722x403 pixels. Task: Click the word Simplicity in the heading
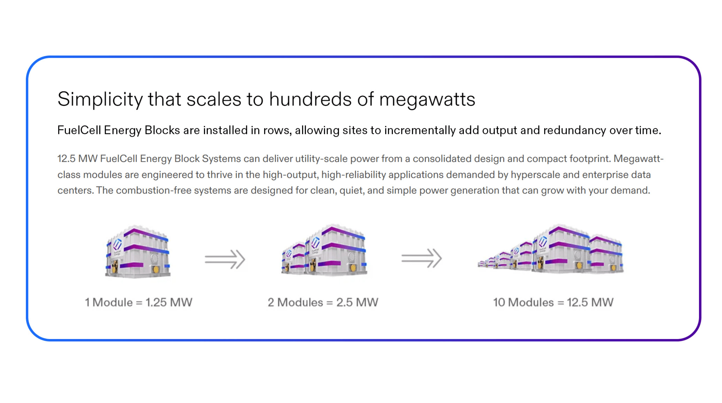point(100,100)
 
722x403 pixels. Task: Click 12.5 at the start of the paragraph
point(66,159)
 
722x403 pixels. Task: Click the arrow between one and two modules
point(225,259)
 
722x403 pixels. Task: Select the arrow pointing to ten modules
point(422,258)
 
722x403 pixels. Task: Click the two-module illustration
point(324,250)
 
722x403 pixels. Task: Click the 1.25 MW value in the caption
point(169,302)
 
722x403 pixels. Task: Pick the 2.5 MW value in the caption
point(357,302)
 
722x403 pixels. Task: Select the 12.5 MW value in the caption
point(590,302)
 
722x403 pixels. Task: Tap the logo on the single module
point(117,244)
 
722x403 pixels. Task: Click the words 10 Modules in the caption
point(523,302)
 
